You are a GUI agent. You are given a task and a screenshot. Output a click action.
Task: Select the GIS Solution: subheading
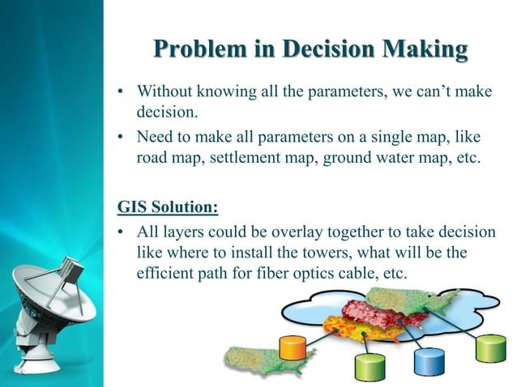[x=168, y=207]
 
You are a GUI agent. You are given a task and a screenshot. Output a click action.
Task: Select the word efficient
[x=164, y=274]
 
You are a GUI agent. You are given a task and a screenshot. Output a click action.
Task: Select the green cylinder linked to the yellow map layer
[x=368, y=366]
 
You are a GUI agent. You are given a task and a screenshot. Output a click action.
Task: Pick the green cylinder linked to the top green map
[x=489, y=348]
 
